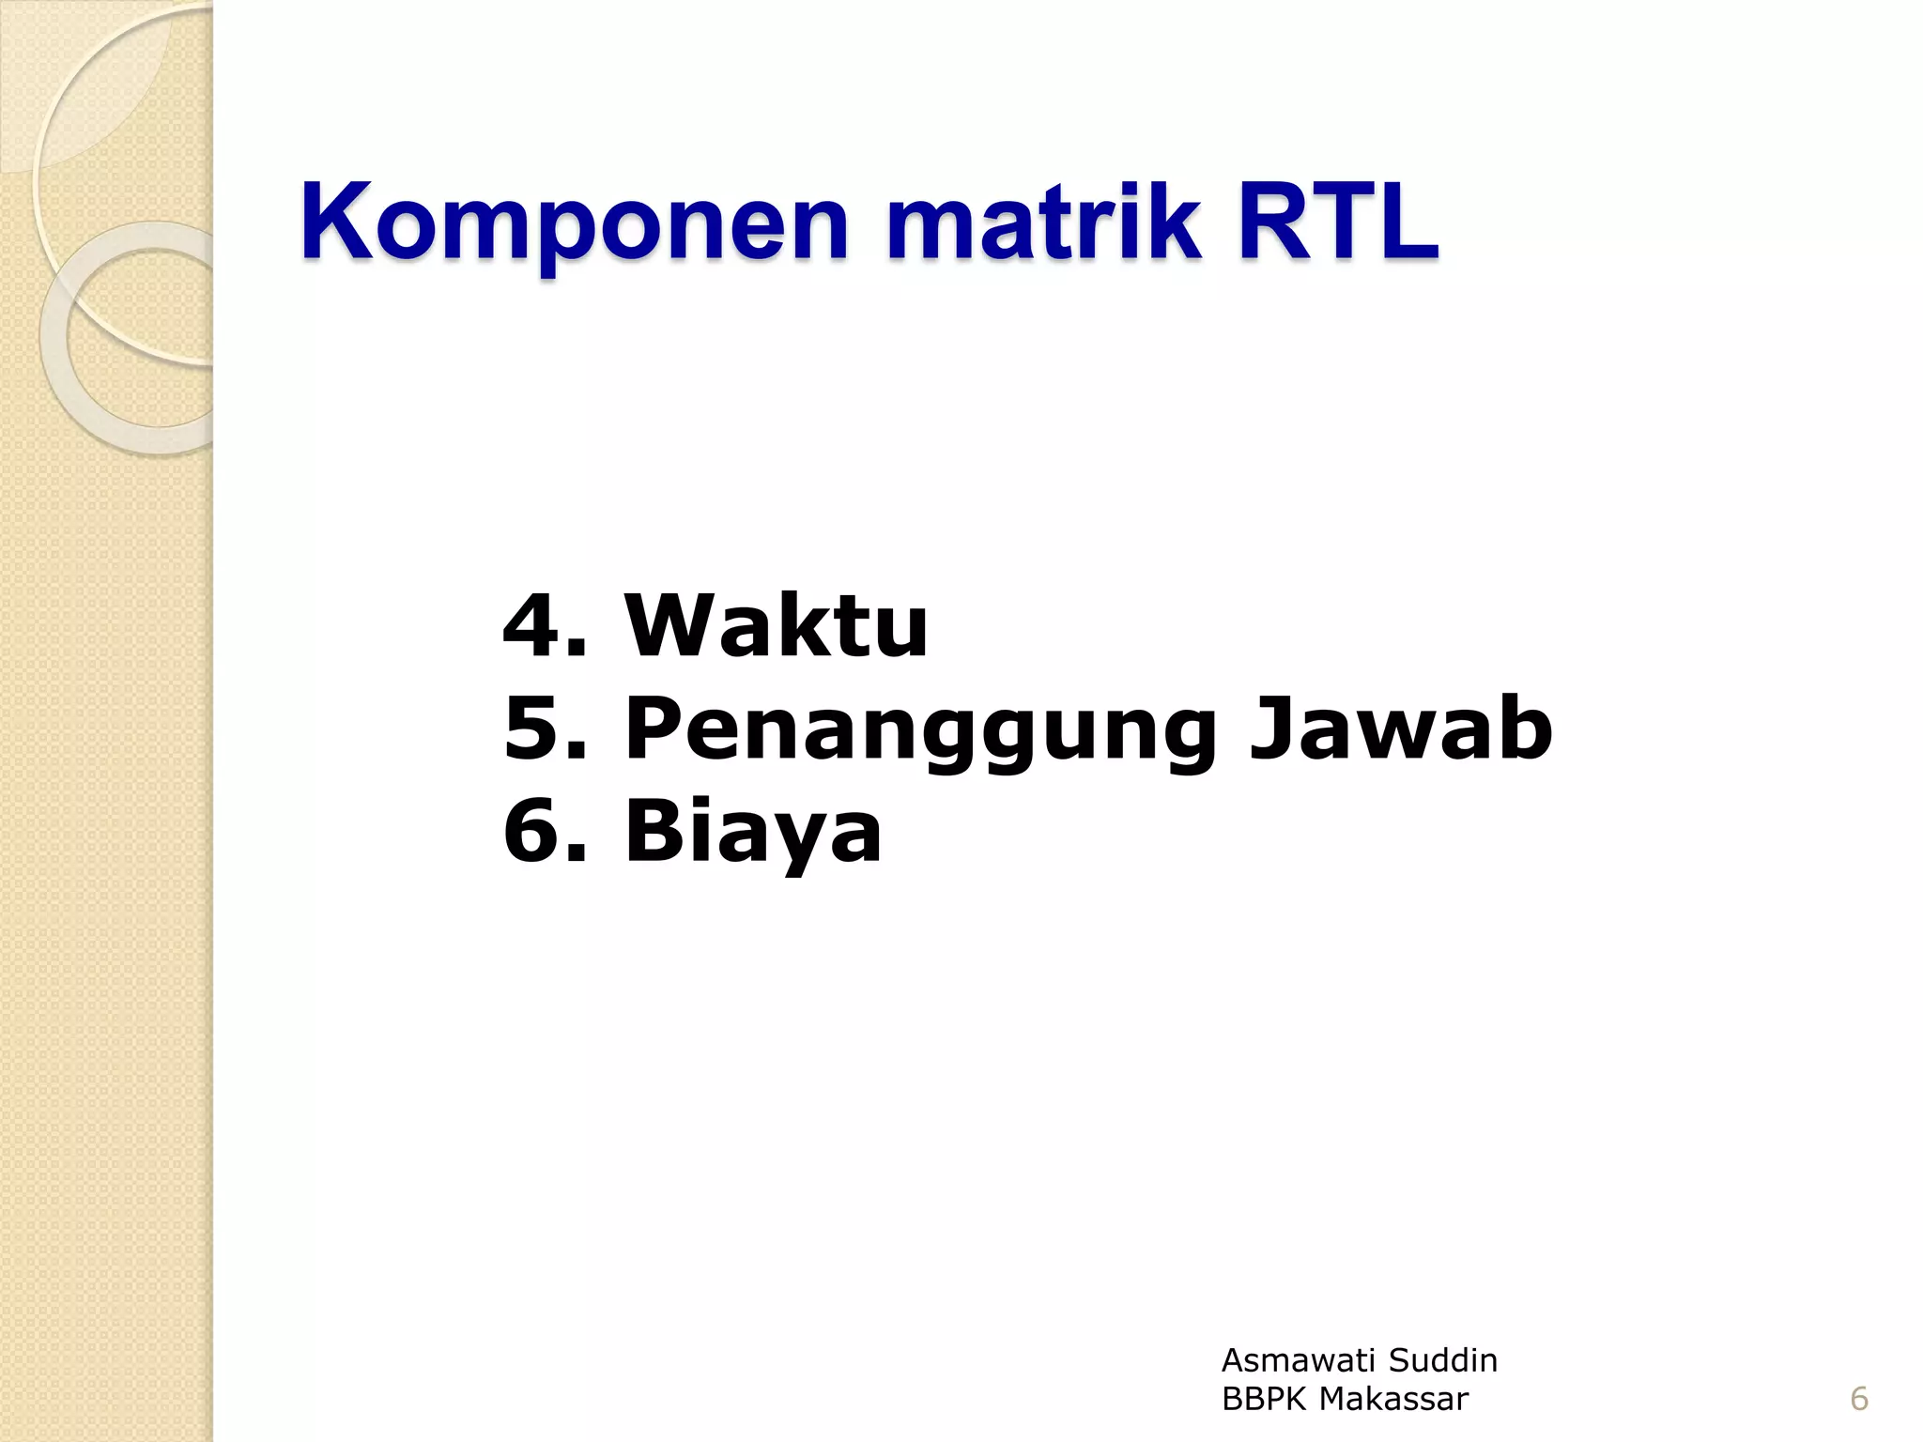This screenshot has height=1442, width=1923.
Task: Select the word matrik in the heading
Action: point(1043,223)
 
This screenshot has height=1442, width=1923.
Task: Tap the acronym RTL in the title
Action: point(1338,223)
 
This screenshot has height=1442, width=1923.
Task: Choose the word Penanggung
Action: point(920,730)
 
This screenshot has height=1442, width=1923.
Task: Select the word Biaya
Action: point(753,833)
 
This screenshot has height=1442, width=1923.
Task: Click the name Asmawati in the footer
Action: point(1298,1359)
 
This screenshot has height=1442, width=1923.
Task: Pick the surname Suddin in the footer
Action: point(1443,1359)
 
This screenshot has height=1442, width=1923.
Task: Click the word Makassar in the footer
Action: point(1393,1399)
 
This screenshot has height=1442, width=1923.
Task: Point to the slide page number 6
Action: point(1859,1399)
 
